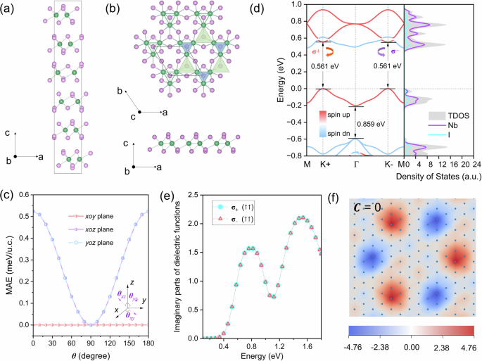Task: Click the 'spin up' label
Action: pyautogui.click(x=334, y=111)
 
